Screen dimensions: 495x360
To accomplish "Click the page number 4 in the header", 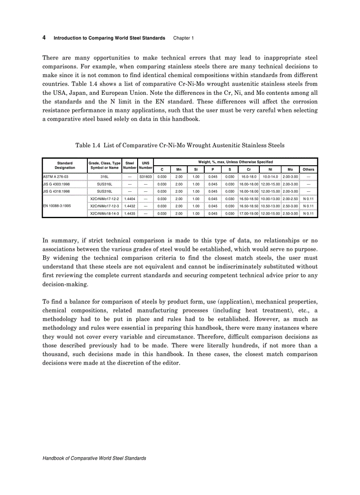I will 44,38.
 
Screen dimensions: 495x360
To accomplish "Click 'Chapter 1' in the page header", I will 183,38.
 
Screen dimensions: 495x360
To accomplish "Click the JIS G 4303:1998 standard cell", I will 56,184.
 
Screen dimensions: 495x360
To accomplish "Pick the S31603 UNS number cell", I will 145,176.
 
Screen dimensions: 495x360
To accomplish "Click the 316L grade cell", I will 105,176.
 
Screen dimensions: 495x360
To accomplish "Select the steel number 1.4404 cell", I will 130,199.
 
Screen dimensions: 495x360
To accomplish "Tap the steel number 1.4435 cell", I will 130,213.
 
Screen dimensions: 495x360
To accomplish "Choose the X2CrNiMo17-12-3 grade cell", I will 105,206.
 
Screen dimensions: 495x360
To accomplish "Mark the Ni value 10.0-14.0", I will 270,176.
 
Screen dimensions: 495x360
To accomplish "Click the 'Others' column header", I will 308,169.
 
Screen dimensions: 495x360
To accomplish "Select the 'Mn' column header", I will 179,169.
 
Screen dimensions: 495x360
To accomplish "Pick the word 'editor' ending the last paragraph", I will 171,363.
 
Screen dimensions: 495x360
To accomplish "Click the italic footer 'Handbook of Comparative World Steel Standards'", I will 94,458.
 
